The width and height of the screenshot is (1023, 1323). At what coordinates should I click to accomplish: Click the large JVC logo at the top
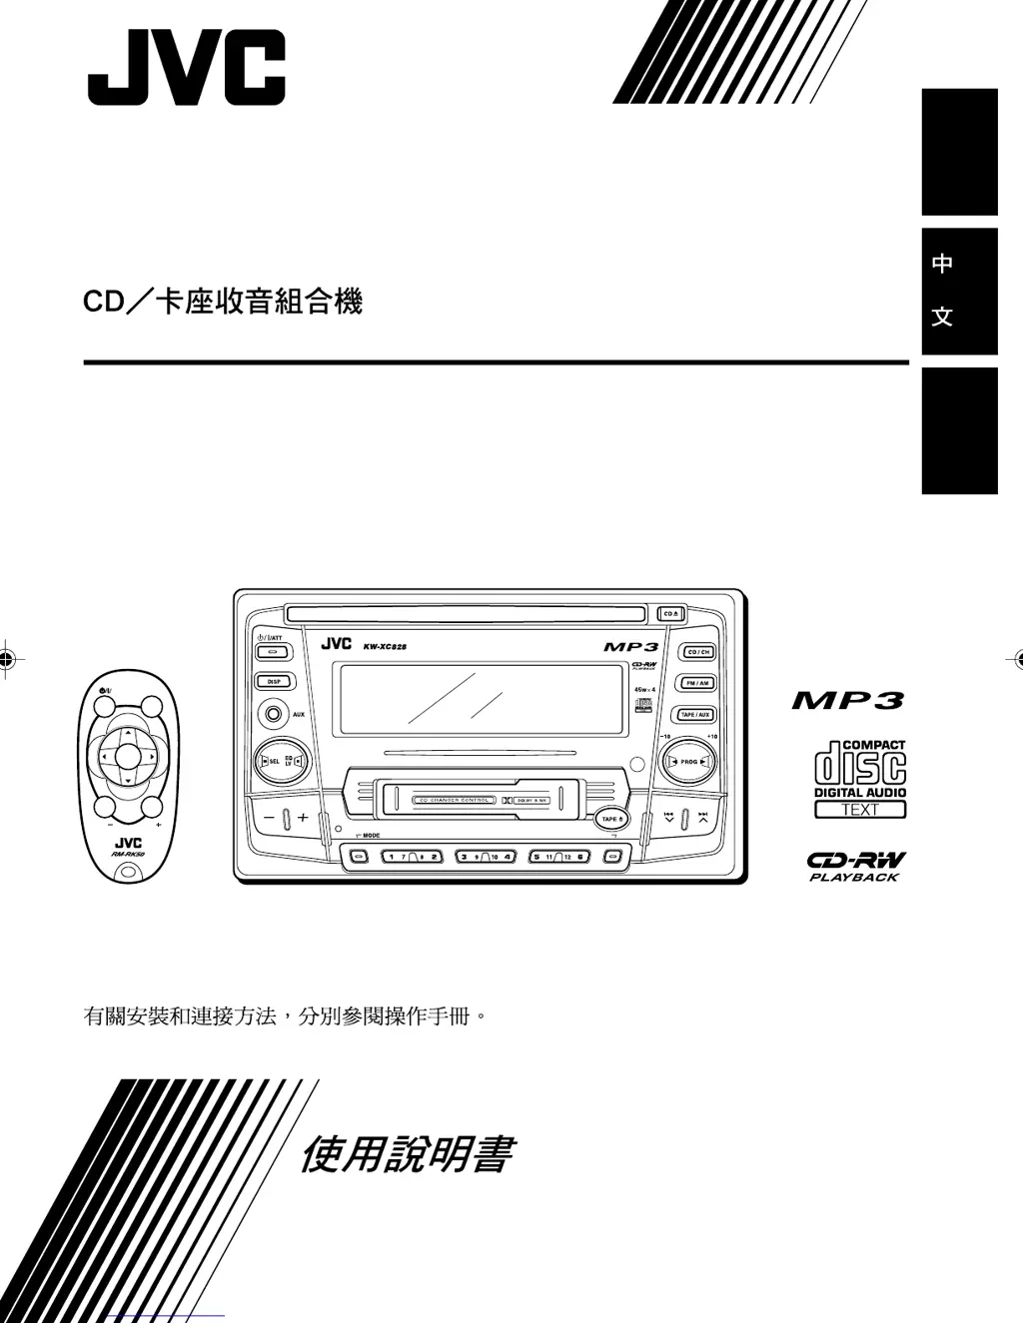[187, 68]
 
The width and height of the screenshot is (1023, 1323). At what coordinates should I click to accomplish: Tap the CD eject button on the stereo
[670, 613]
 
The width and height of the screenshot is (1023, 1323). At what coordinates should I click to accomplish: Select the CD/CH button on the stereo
[697, 652]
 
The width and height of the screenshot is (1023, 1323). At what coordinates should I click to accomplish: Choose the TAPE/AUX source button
[695, 715]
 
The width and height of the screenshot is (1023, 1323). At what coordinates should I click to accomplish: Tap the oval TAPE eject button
[611, 819]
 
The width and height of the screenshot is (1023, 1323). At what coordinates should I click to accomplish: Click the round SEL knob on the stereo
[270, 762]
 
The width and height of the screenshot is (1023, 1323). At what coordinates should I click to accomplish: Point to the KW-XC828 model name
[385, 647]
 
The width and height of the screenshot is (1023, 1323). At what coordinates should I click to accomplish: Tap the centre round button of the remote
[128, 757]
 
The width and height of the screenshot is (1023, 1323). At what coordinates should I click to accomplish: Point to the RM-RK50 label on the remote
[129, 855]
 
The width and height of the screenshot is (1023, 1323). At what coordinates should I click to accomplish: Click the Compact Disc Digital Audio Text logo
[859, 779]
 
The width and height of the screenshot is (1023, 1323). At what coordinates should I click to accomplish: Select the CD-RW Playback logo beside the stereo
[856, 866]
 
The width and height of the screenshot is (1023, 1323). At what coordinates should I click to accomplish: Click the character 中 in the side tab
[941, 264]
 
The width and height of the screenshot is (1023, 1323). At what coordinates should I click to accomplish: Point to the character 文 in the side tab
[941, 317]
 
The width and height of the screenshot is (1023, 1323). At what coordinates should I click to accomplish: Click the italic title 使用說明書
[407, 1155]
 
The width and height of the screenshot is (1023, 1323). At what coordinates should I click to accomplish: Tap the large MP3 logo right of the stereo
[848, 701]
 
